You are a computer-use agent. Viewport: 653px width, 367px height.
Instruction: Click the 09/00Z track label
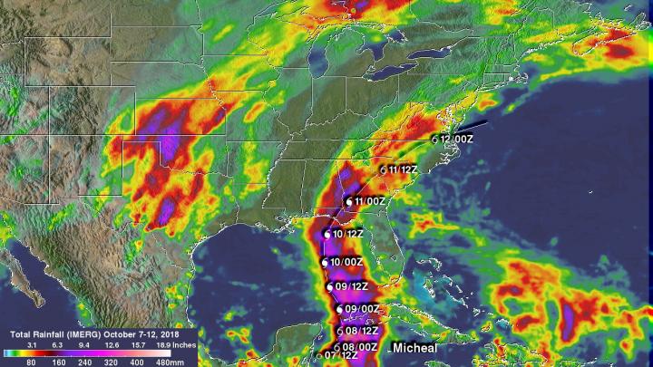362,309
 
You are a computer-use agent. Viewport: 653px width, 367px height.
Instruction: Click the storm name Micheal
413,348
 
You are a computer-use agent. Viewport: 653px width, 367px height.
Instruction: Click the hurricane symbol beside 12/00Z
434,140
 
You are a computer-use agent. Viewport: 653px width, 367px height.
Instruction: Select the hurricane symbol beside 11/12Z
383,169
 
